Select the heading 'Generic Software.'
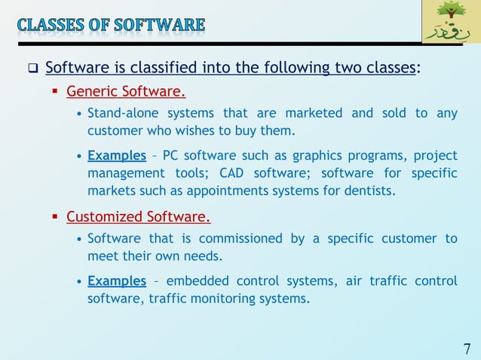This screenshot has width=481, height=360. tap(126, 93)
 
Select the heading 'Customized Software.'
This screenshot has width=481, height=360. tap(138, 218)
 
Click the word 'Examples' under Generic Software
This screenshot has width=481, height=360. tap(117, 156)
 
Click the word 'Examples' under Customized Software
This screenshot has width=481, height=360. tap(117, 281)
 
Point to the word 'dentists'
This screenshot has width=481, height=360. tap(369, 191)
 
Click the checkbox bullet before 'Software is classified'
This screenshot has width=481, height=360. tap(33, 70)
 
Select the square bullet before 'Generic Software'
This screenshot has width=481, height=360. tap(55, 93)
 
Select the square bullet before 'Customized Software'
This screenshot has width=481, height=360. tap(55, 218)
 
